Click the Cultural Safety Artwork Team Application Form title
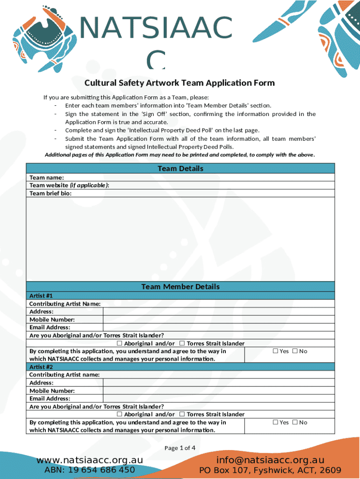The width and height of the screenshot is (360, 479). pos(180,83)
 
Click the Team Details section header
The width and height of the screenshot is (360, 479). pos(180,168)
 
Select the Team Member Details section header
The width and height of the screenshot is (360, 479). pos(180,287)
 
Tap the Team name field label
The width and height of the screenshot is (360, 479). pos(47,177)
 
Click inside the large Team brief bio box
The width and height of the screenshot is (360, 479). pos(180,239)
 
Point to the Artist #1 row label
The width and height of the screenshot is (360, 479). pos(41,296)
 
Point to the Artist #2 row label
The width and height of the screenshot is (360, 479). pos(41,367)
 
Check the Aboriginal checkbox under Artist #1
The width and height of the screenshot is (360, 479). pos(120,343)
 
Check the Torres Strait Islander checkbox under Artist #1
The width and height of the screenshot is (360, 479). pos(182,343)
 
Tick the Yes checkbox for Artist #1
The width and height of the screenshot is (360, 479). pos(275,351)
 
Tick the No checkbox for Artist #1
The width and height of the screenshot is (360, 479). pos(295,351)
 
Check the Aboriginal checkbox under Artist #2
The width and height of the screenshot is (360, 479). pos(120,414)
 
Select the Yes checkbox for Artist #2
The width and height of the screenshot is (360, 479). pos(275,422)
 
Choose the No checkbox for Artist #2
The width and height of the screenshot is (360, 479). pos(295,422)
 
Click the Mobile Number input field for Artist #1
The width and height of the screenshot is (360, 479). pos(218,319)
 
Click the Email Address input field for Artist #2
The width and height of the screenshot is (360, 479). pos(218,399)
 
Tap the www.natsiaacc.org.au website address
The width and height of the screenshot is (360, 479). pos(90,460)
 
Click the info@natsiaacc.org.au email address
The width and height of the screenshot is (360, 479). pos(270,460)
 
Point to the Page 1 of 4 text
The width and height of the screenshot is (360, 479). pos(180,448)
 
